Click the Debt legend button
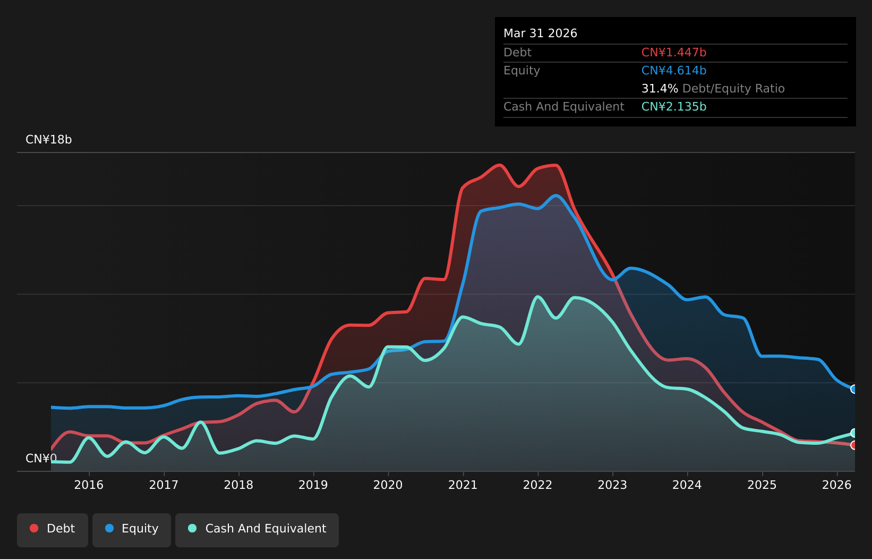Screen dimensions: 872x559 tap(53, 530)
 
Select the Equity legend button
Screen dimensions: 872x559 tap(132, 530)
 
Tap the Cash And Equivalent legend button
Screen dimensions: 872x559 tap(257, 530)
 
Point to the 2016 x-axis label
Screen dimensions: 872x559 tap(89, 485)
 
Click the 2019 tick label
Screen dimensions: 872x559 tap(313, 485)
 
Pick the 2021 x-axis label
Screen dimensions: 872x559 tap(463, 485)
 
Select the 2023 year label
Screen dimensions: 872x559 tap(612, 485)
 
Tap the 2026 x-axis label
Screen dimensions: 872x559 tap(836, 485)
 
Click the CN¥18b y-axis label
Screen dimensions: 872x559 tap(49, 139)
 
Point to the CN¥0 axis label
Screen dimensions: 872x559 tap(41, 458)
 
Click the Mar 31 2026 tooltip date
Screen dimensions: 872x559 tap(540, 33)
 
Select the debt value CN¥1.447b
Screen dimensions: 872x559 tap(674, 53)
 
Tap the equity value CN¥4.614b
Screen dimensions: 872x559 tap(674, 71)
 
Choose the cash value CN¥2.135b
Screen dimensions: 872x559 tap(674, 107)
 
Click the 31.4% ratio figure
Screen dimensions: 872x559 tap(660, 89)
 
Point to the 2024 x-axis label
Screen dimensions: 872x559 tap(687, 485)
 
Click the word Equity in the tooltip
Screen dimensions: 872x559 tap(522, 71)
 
